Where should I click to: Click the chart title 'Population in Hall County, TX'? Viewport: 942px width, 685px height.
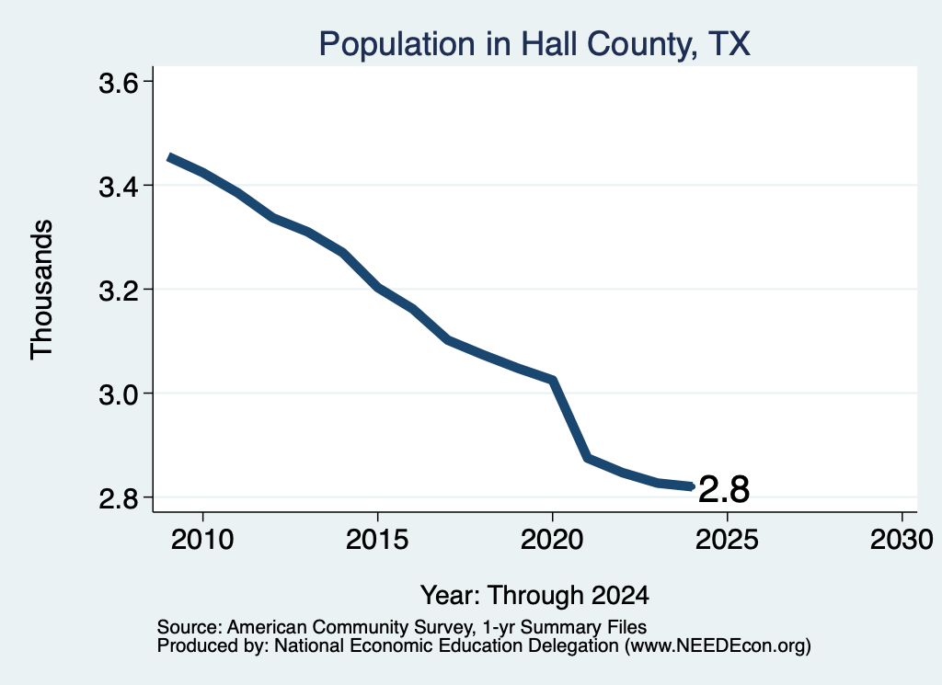534,44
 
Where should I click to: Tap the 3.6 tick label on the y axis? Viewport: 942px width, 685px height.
119,83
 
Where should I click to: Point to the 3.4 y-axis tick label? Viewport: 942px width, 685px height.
119,187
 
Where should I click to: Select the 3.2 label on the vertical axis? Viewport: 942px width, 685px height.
119,291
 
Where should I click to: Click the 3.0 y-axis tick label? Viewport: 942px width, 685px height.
119,394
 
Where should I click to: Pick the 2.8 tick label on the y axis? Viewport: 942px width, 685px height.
119,498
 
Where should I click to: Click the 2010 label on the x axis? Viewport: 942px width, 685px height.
202,540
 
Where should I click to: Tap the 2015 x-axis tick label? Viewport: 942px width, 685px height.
377,540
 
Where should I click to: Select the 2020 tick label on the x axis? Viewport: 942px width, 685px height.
552,540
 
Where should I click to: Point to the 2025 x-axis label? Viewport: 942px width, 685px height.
727,540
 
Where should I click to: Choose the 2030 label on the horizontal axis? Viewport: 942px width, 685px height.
902,540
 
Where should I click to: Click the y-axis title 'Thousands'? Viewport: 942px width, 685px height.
42,290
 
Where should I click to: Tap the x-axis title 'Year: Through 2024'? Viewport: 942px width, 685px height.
534,595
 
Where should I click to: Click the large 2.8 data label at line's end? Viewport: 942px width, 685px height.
724,489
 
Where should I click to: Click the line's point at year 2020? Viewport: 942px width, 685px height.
553,380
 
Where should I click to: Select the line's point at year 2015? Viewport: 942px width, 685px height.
378,288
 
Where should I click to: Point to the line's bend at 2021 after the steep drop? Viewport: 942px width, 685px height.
588,458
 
